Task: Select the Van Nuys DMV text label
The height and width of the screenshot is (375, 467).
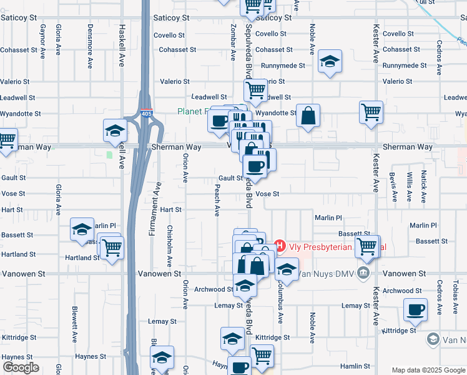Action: [x=317, y=274]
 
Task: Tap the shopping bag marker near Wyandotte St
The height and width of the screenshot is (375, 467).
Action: [x=308, y=116]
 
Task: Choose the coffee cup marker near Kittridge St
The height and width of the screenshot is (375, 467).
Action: [x=416, y=309]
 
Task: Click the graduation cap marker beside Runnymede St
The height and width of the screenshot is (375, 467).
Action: [x=329, y=61]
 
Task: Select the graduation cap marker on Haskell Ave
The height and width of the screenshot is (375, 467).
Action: [x=116, y=131]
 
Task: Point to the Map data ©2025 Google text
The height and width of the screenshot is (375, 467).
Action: [x=428, y=370]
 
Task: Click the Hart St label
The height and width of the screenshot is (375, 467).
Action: [x=170, y=210]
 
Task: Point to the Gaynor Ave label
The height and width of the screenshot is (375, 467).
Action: [x=43, y=40]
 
